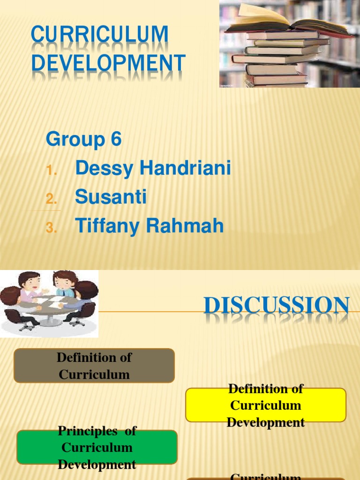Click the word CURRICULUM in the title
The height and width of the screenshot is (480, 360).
tap(99, 35)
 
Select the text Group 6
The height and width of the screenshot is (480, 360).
tap(83, 140)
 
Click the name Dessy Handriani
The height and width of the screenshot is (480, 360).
tap(153, 169)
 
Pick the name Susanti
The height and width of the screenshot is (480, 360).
tap(111, 197)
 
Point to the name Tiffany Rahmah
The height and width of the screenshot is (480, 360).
tap(149, 226)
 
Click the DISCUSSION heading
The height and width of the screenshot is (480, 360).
tap(277, 307)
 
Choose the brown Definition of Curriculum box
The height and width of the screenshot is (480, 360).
tap(94, 366)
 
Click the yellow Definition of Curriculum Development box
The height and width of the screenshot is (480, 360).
tap(266, 405)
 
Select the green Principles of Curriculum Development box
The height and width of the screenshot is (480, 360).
tap(97, 447)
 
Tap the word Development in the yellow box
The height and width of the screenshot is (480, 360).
tap(266, 422)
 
